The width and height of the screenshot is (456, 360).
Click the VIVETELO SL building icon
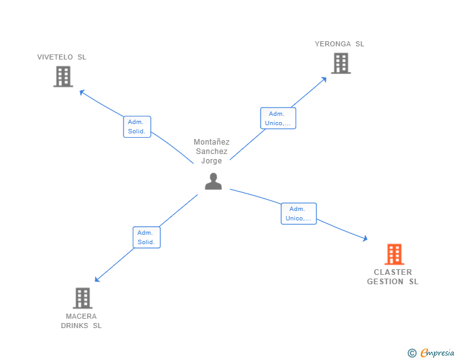[x=63, y=76]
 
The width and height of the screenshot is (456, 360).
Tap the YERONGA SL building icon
[x=341, y=63]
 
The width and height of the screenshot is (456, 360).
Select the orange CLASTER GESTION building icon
[x=394, y=254]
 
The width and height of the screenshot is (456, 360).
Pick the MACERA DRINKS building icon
[x=83, y=298]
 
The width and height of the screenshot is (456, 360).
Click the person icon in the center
[x=214, y=181]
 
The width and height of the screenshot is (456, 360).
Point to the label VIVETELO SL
[x=62, y=57]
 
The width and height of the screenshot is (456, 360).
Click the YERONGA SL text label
[x=339, y=44]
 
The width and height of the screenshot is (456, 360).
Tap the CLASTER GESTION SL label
[x=393, y=277]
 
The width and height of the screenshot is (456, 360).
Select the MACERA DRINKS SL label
[x=81, y=321]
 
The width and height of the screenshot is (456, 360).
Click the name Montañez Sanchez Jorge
[x=212, y=152]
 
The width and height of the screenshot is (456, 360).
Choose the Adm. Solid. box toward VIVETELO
[x=137, y=126]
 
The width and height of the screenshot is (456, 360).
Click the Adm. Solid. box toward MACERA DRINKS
[x=147, y=237]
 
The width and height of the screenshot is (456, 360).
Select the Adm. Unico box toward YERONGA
[x=278, y=118]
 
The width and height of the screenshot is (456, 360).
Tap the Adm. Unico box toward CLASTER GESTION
[x=299, y=213]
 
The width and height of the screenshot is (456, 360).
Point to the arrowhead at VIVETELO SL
[x=81, y=92]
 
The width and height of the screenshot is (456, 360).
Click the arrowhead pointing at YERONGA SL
[x=324, y=78]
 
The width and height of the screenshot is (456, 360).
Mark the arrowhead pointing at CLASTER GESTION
[x=365, y=239]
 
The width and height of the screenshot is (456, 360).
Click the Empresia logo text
[x=437, y=352]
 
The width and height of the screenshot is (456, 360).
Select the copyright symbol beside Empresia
[x=412, y=353]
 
